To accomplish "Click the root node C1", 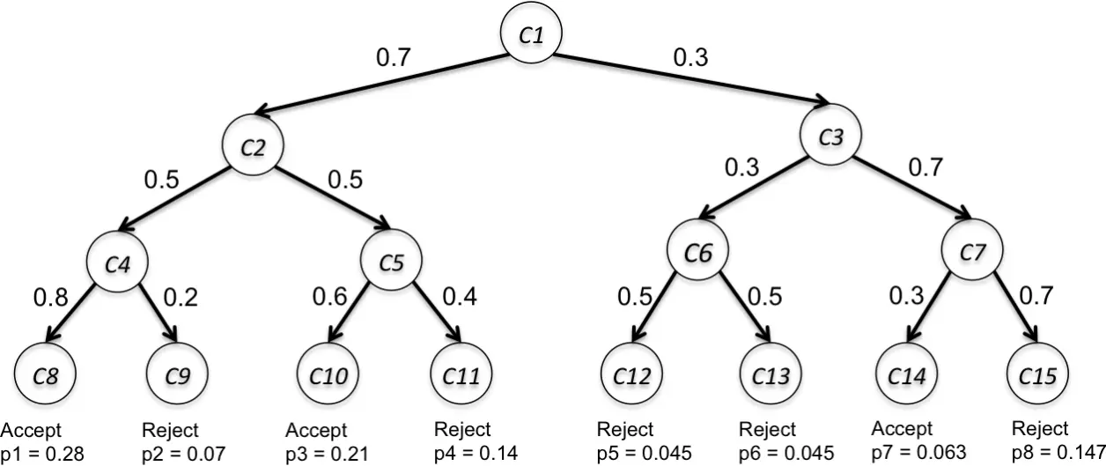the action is (531, 33).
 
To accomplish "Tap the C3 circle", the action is (831, 135).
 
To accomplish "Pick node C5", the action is (391, 261).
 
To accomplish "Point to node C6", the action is (697, 250).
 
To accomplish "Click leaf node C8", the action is (46, 374).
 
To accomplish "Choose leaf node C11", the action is (461, 374).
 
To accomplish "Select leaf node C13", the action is (771, 374).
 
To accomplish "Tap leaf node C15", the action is (1038, 374).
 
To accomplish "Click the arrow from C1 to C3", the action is (691, 79).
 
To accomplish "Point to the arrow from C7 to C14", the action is (928, 307).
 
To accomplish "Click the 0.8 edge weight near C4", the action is (51, 297).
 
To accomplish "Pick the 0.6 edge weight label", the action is (330, 296).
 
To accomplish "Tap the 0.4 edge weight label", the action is (460, 296).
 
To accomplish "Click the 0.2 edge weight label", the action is (181, 297).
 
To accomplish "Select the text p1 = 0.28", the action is (42, 453).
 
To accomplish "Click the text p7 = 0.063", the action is (918, 452).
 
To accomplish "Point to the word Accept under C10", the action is (316, 430).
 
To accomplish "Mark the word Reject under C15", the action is (1040, 428).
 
